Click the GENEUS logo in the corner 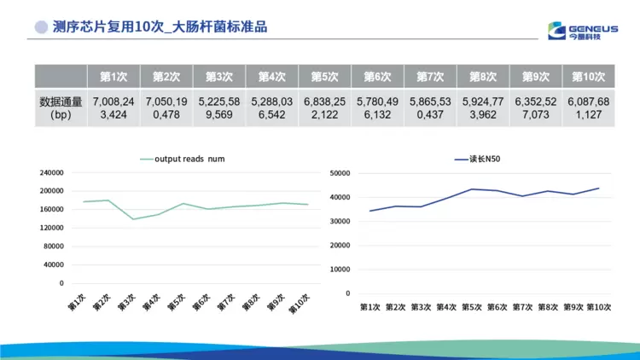(x=585, y=27)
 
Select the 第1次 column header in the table (x=114, y=77)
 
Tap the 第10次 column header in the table (x=588, y=77)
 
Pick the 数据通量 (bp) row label (x=61, y=107)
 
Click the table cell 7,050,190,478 (x=166, y=107)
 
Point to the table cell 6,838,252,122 (x=325, y=107)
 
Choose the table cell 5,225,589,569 (x=219, y=107)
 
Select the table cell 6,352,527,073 (x=535, y=107)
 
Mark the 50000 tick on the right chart (x=340, y=173)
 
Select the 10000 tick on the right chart (x=340, y=270)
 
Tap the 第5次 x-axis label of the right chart (x=473, y=307)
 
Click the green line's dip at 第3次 (x=133, y=219)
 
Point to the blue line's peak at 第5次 (x=473, y=189)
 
